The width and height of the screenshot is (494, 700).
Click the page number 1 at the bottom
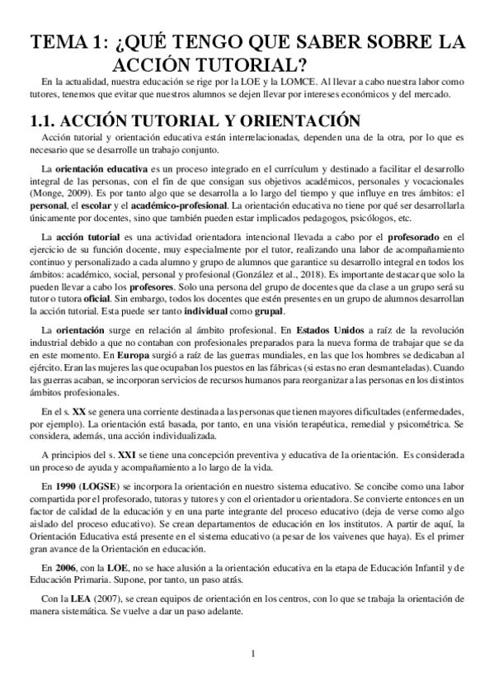(x=254, y=654)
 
